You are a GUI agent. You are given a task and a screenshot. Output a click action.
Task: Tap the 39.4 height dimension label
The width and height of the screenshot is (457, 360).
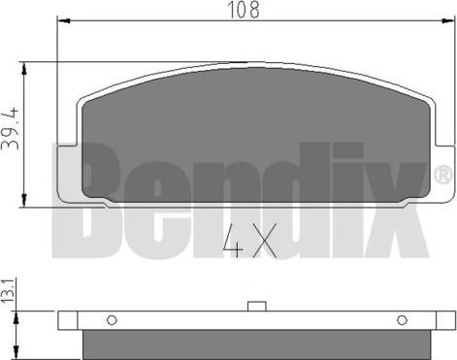[11, 136]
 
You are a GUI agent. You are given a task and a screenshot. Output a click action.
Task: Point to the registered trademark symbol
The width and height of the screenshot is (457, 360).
[442, 176]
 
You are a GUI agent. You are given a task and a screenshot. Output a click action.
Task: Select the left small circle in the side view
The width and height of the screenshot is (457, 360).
[112, 320]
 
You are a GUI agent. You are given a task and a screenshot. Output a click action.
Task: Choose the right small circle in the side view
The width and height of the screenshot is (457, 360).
[402, 320]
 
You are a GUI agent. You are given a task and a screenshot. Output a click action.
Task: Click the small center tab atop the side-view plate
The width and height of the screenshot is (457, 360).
[257, 308]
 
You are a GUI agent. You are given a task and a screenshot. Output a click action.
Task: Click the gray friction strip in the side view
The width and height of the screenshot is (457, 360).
[257, 342]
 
